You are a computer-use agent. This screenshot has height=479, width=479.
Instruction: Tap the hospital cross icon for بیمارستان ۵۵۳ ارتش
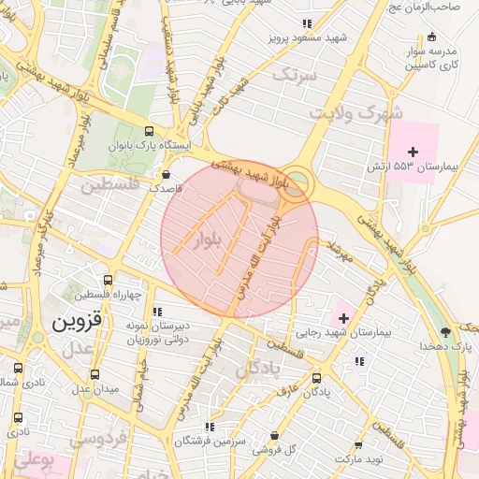pyautogui.click(x=413, y=152)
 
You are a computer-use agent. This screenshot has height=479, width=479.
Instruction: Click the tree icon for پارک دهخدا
pyautogui.click(x=444, y=330)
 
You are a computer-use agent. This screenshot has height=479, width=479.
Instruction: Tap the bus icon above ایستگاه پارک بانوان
pyautogui.click(x=150, y=132)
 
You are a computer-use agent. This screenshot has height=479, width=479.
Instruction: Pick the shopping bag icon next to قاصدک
pyautogui.click(x=167, y=174)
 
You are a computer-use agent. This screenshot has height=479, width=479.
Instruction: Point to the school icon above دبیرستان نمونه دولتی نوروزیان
pyautogui.click(x=156, y=312)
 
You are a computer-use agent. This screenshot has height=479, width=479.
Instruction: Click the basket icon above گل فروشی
pyautogui.click(x=273, y=436)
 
